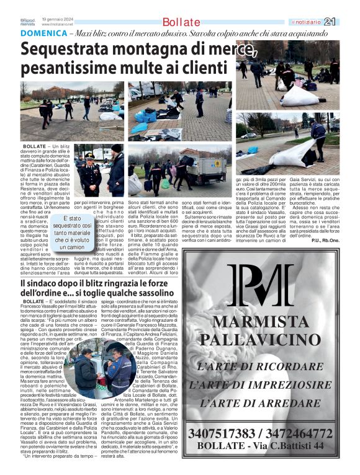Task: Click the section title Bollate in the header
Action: point(181,22)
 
